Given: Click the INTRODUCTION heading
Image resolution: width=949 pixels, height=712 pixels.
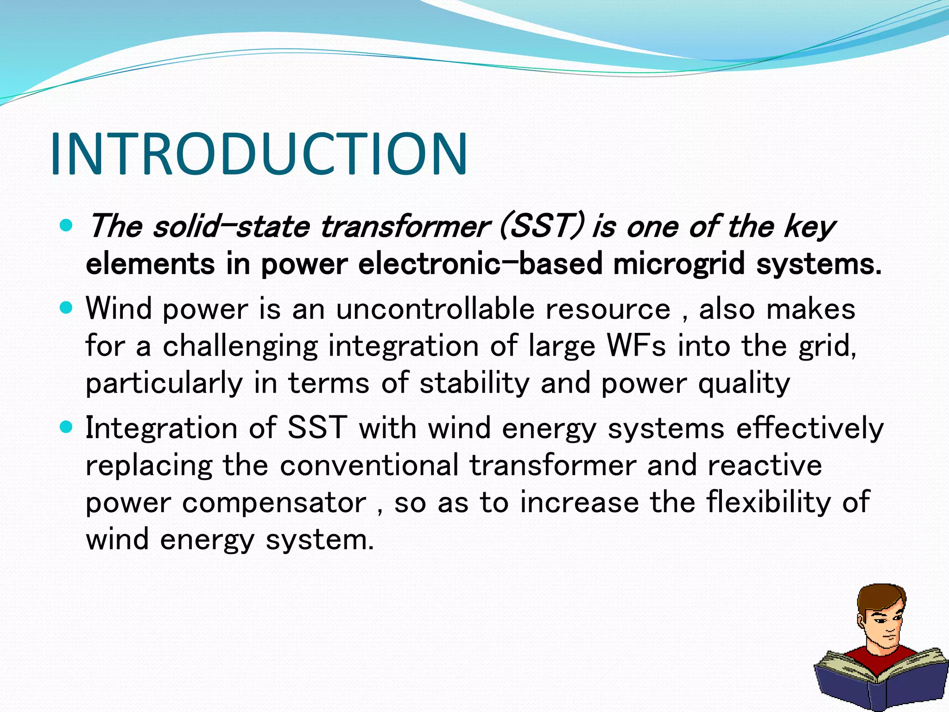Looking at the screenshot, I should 259,154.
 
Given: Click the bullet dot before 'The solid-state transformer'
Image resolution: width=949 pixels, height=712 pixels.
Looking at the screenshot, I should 67,226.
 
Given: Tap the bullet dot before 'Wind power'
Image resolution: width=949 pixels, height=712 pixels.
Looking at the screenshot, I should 67,308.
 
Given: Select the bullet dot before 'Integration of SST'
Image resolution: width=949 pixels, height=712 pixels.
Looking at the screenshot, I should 67,427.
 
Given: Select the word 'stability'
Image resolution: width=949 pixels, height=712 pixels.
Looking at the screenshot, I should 474,383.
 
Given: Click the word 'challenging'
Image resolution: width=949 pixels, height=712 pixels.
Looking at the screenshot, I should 240,347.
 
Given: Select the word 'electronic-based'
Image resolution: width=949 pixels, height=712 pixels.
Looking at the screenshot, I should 480,264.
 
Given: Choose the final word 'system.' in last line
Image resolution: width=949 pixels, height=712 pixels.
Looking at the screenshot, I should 320,540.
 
